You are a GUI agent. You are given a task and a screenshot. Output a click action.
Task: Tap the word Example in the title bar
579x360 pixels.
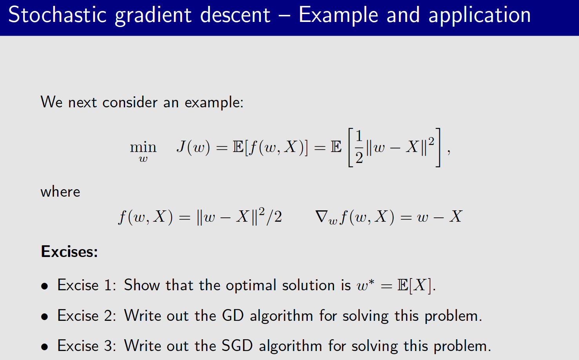click(338, 16)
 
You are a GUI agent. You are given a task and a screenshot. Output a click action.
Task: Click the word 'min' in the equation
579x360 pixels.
click(143, 147)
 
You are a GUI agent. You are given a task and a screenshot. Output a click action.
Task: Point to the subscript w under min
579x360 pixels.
click(143, 159)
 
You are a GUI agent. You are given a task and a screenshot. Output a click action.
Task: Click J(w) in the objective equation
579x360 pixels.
click(193, 147)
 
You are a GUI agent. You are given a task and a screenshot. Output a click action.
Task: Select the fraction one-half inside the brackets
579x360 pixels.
click(359, 147)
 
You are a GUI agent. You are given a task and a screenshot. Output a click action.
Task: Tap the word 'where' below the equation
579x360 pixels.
click(60, 192)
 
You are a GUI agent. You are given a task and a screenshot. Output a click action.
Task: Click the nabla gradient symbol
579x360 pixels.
click(322, 216)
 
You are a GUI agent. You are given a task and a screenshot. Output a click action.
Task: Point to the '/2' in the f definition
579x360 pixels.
click(274, 217)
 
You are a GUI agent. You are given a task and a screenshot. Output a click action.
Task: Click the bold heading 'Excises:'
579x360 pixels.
click(69, 251)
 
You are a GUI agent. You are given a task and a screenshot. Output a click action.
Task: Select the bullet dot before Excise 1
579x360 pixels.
click(45, 286)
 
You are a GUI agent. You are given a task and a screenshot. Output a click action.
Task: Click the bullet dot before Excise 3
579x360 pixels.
click(45, 347)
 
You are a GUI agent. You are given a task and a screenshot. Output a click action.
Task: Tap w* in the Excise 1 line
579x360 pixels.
click(365, 285)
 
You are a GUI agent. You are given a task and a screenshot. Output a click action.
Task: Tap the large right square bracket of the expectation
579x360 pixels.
click(438, 147)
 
